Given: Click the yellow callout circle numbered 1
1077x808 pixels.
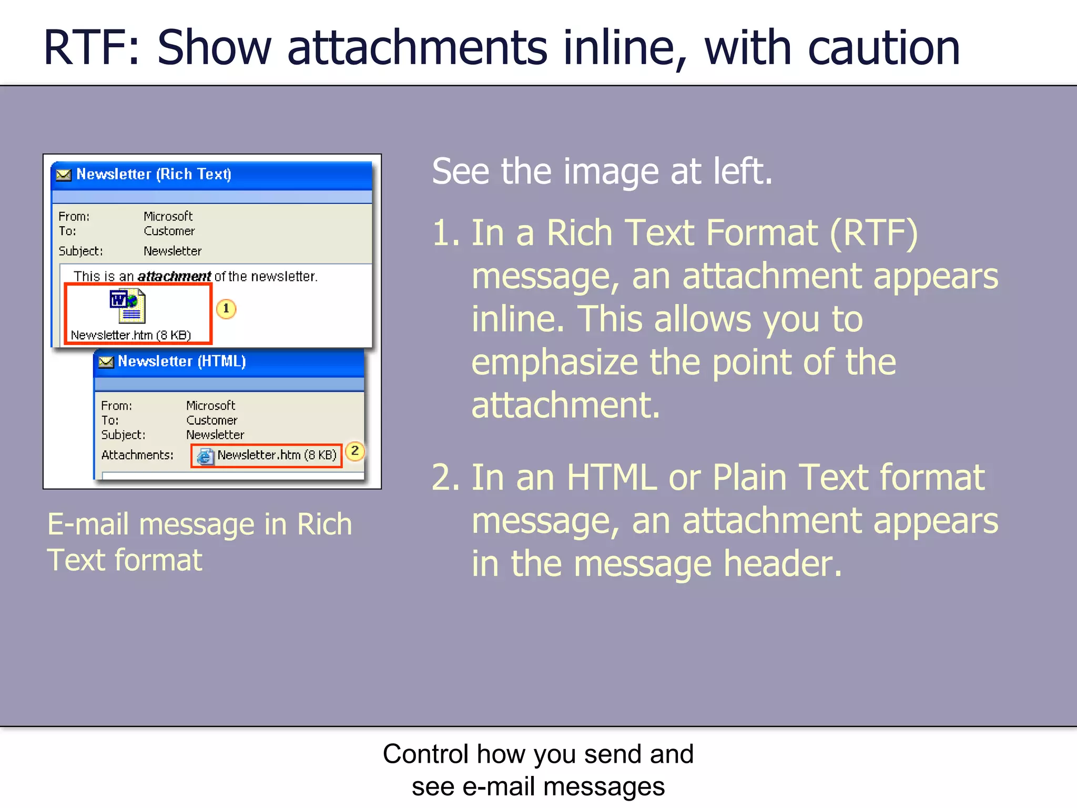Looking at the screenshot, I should [x=226, y=309].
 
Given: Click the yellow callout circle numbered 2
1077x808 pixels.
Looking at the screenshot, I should [x=355, y=451].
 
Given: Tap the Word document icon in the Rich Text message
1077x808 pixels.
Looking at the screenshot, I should [x=128, y=306].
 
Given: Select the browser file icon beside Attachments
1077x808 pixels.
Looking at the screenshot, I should [x=205, y=456].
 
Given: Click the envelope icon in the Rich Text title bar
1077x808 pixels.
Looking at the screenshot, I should [x=64, y=175].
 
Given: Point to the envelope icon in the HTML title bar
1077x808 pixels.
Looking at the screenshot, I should [x=106, y=362].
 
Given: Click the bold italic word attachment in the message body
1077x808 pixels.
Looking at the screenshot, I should [x=174, y=276].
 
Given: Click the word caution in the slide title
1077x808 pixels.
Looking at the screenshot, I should [x=883, y=48].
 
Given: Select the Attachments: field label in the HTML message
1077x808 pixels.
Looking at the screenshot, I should [x=137, y=455].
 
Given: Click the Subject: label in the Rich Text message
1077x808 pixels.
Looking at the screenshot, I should [x=80, y=251].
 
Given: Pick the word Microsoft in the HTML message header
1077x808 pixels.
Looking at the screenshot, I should [x=210, y=406].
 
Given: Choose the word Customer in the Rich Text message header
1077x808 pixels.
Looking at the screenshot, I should [x=169, y=231].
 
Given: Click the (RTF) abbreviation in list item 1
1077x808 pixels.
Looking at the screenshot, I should [x=873, y=233].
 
